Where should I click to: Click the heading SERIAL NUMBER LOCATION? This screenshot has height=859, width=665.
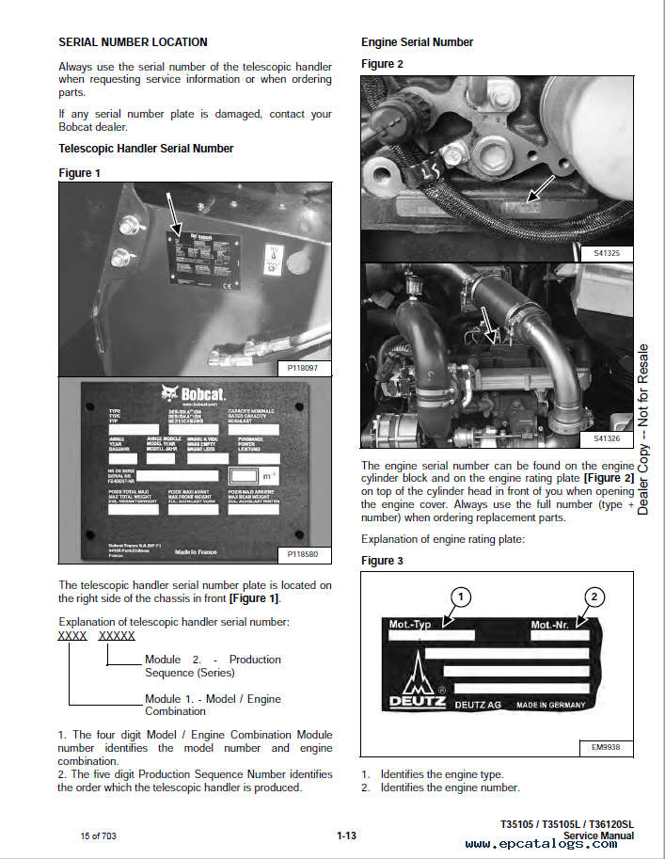click(133, 42)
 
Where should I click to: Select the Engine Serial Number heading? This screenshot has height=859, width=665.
click(417, 42)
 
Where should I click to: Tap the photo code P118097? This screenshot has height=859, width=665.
click(303, 369)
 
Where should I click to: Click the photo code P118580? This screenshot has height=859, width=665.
click(303, 555)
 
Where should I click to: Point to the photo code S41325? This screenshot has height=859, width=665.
click(612, 253)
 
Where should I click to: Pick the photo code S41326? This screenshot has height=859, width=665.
click(612, 439)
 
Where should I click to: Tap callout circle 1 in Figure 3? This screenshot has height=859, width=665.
click(459, 596)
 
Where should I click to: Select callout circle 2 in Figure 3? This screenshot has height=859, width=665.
click(593, 596)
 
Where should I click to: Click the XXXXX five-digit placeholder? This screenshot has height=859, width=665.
click(117, 636)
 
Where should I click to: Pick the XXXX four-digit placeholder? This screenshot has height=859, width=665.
click(72, 636)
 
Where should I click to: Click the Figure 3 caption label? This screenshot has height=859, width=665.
click(382, 561)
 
